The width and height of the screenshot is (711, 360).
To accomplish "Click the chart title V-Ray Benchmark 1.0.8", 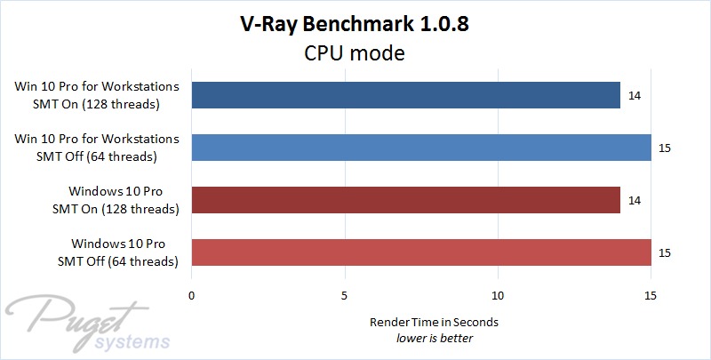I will (355, 25).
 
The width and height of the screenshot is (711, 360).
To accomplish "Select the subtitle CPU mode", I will (355, 53).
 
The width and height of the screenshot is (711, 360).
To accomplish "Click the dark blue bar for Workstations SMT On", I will (405, 95).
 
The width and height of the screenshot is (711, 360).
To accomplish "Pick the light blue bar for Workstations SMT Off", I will (421, 148).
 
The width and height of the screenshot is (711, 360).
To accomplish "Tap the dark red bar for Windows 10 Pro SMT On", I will (405, 200).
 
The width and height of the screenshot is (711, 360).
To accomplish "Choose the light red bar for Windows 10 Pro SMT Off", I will (421, 252).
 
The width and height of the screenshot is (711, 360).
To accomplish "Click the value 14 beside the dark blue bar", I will (634, 95).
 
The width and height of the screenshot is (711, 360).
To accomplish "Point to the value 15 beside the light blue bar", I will (665, 148).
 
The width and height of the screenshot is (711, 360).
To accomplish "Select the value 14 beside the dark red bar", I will (634, 200).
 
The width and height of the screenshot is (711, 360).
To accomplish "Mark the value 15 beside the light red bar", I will (665, 252).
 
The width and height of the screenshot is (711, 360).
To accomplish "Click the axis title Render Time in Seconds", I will (421, 322).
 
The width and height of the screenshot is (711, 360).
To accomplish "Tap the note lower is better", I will (421, 338).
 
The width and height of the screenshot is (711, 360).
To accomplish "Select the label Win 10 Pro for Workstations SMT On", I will (97, 95).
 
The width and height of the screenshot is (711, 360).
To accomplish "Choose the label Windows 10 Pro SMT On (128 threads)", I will (116, 200).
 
